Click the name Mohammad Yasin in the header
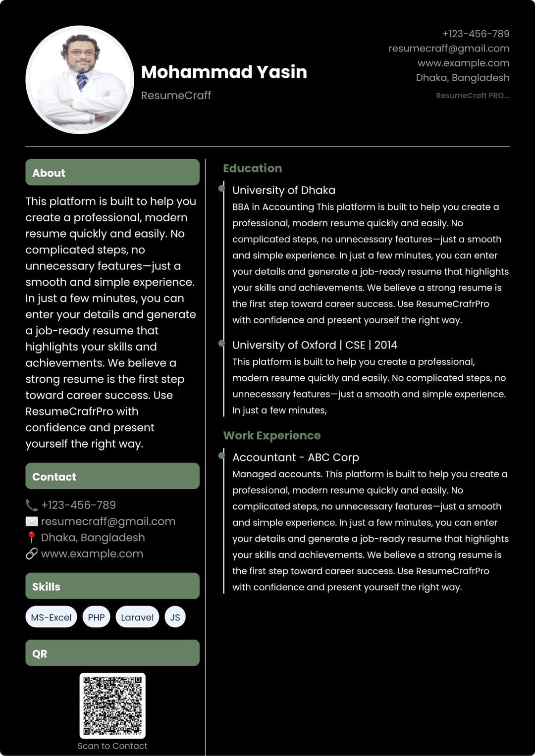click(x=224, y=72)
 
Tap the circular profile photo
click(x=80, y=80)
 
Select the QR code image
click(x=112, y=705)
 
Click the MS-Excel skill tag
click(x=51, y=617)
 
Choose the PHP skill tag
click(x=96, y=617)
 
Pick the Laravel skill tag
click(x=137, y=617)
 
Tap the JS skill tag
click(x=175, y=617)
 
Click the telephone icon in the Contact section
click(x=32, y=505)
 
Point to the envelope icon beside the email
click(x=32, y=521)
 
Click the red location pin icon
click(x=32, y=537)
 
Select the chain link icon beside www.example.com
click(x=32, y=554)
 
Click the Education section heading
click(x=252, y=168)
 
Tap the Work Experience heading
click(x=272, y=436)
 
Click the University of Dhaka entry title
click(x=284, y=191)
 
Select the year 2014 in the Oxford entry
click(x=386, y=345)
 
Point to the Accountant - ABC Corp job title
click(x=296, y=457)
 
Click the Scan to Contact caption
click(x=112, y=746)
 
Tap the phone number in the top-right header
click(x=476, y=34)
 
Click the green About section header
click(x=112, y=172)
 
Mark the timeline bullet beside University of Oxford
click(x=221, y=344)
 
